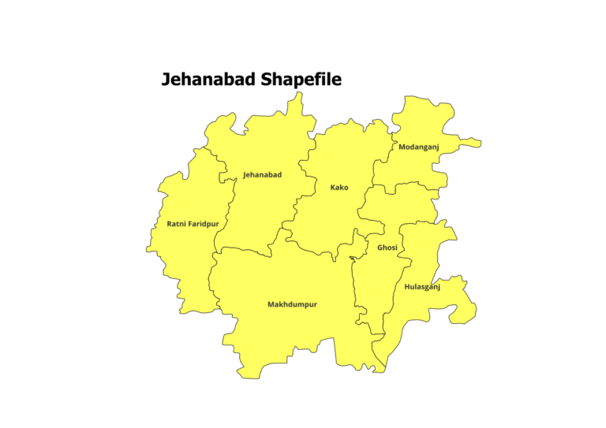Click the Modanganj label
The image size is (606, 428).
pos(418,147)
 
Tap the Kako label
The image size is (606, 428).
pos(339,188)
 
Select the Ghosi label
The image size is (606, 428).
pos(387,247)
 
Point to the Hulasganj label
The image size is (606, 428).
pos(422,287)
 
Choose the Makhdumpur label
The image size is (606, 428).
pos(292,304)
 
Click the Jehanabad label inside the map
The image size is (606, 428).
pos(262,174)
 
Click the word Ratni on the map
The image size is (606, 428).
pos(177,224)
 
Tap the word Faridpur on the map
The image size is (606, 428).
pos(204,224)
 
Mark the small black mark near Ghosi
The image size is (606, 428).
pos(352,258)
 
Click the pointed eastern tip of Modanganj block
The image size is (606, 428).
pos(478,145)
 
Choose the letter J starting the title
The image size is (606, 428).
pos(166,80)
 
